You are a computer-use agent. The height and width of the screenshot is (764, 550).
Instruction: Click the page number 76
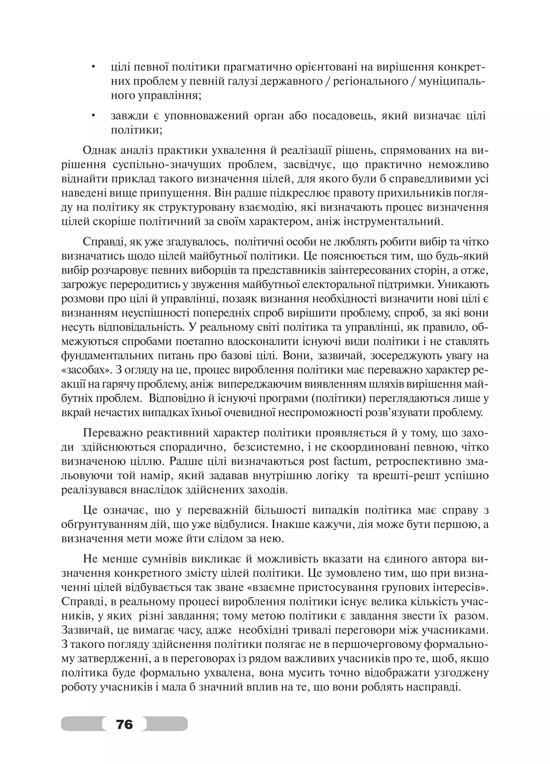[124, 723]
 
